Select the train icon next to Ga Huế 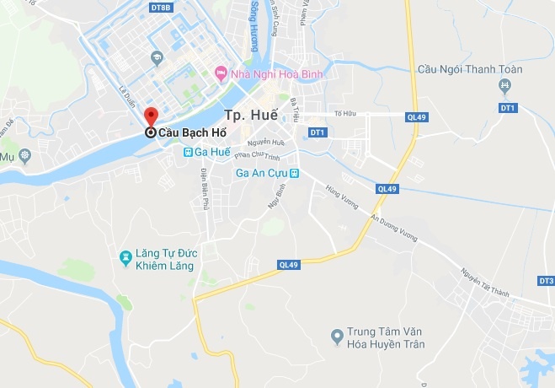click(x=189, y=152)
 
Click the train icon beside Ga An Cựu click(x=295, y=173)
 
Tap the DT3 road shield click(x=546, y=280)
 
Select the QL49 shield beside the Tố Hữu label click(x=415, y=117)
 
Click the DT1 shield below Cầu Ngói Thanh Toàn click(x=507, y=108)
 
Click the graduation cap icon click(x=156, y=58)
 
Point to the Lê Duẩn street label click(x=127, y=91)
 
